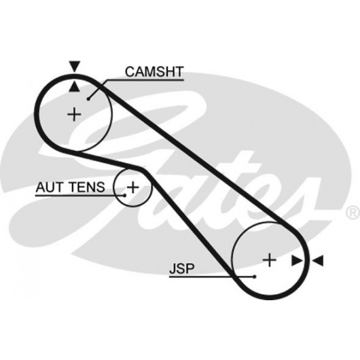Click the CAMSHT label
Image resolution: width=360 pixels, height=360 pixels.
click(154, 71)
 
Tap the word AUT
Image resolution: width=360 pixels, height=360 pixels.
click(50, 187)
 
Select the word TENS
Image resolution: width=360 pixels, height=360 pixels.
click(88, 187)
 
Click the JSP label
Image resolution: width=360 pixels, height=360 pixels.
click(181, 268)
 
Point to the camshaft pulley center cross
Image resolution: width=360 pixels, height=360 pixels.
click(74, 114)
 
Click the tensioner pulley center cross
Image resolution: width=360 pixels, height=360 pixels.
click(132, 187)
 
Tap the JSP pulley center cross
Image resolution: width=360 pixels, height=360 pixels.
click(269, 260)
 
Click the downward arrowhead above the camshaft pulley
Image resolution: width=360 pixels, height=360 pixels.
click(75, 67)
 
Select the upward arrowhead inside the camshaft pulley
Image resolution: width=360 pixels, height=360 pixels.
click(75, 86)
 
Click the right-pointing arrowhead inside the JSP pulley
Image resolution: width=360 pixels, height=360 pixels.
click(297, 261)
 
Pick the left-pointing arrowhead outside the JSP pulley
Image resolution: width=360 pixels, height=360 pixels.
click(318, 261)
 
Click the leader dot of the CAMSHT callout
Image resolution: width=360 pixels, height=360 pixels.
click(88, 99)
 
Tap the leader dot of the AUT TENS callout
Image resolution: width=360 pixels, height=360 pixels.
click(125, 196)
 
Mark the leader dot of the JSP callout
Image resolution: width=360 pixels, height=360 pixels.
click(255, 276)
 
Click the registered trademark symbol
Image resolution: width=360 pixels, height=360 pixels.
click(353, 212)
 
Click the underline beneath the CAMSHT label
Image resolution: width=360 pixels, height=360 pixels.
click(145, 80)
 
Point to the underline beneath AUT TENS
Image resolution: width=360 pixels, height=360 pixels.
click(79, 196)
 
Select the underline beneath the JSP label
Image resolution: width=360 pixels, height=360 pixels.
click(211, 277)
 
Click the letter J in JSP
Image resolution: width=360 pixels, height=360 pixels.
click(173, 268)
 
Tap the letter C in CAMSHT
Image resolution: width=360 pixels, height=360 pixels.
click(130, 71)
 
